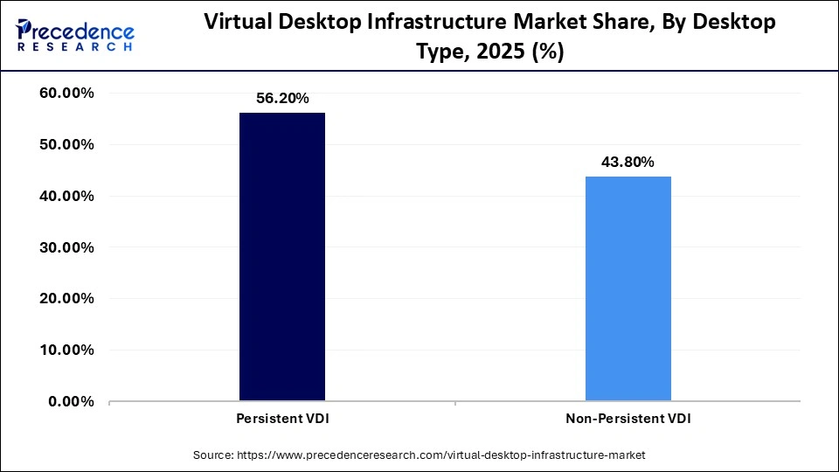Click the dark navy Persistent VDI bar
(x=282, y=257)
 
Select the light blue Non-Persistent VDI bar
(x=628, y=288)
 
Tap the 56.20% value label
(x=282, y=99)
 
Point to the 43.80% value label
(x=628, y=163)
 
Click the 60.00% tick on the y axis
(x=67, y=94)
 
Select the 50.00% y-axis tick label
(x=67, y=145)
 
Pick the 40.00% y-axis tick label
(x=67, y=197)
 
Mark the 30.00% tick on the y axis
(x=67, y=247)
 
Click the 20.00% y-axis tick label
(x=67, y=299)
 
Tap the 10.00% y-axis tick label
(x=67, y=351)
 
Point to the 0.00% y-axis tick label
(x=71, y=402)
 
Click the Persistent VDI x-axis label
(x=282, y=420)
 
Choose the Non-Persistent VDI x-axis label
(x=628, y=420)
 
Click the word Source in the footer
(x=213, y=455)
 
